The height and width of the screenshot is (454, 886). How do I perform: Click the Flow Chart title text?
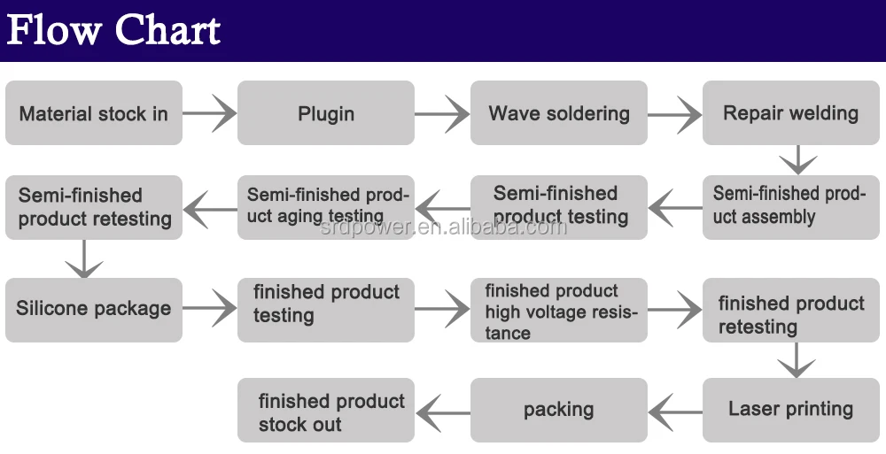point(113,29)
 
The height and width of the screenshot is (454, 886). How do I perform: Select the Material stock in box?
point(94,113)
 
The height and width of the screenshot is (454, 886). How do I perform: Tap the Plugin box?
point(326,113)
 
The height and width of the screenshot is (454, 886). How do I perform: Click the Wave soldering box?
point(559,113)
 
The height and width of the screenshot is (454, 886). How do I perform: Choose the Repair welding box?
point(791,113)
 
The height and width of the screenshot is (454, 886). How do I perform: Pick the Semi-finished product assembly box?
point(791,207)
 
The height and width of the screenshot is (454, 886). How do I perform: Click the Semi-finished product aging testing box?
point(326,207)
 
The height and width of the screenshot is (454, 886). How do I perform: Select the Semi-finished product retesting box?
point(94,207)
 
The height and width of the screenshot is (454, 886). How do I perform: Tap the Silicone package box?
point(94,310)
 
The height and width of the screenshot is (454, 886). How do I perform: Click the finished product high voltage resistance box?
point(559,310)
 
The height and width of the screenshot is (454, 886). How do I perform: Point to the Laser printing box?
point(791,410)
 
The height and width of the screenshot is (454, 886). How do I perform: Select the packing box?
point(559,410)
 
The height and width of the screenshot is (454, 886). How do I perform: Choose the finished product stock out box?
point(326,410)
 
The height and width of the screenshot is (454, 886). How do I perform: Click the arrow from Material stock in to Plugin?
point(210,113)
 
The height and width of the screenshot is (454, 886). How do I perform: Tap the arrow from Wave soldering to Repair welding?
point(674,115)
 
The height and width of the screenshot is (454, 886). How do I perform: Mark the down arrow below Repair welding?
point(798,160)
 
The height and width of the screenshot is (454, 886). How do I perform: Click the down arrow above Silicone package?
point(84,258)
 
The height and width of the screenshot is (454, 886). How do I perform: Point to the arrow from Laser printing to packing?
point(675,412)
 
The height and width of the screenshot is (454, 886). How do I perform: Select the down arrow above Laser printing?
point(797,360)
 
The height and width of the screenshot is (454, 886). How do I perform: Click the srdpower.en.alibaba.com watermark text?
point(444,227)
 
